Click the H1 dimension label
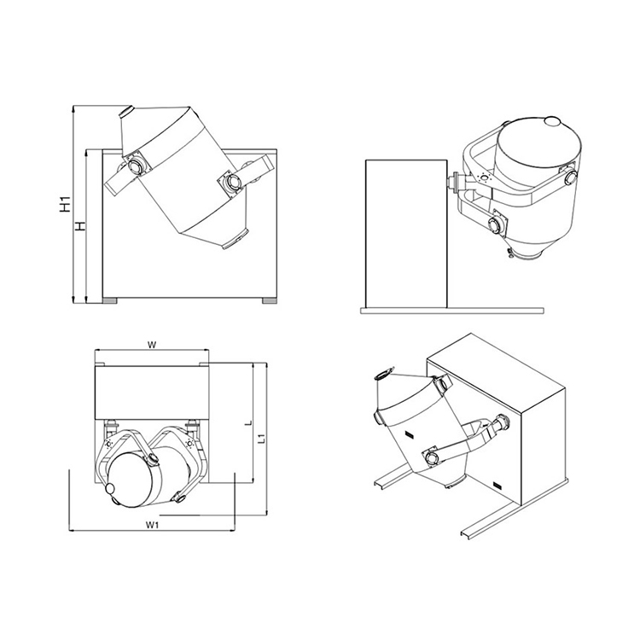[65, 204]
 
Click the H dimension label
[80, 226]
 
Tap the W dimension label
[151, 346]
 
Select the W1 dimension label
[152, 525]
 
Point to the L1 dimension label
[263, 439]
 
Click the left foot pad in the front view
[110, 301]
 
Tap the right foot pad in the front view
[269, 301]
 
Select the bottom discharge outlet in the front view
[236, 240]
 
